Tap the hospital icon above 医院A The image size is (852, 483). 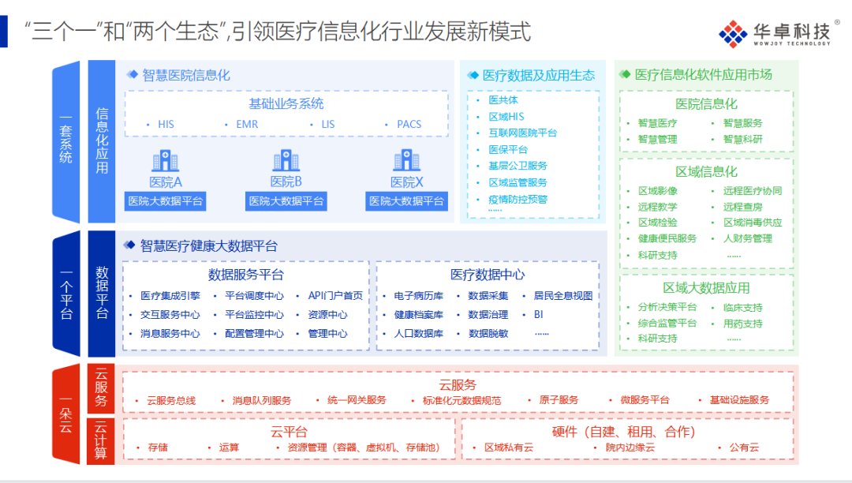click(166, 161)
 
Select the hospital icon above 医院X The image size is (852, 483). click(407, 161)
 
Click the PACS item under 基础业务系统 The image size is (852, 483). click(409, 124)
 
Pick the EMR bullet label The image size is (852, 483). click(247, 124)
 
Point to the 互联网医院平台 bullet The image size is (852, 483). click(522, 133)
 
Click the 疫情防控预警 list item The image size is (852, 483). click(517, 199)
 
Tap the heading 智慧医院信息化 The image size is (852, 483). click(186, 76)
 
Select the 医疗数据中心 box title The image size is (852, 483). click(488, 275)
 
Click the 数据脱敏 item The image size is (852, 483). click(488, 333)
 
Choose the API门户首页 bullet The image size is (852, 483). click(335, 296)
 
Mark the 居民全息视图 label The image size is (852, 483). click(562, 296)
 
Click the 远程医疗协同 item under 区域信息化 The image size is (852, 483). click(753, 191)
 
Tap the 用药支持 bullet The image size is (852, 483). click(743, 323)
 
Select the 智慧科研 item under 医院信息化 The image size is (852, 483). click(743, 139)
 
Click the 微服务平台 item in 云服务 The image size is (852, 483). click(645, 400)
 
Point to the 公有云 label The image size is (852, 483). click(744, 447)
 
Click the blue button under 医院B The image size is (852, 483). click(286, 201)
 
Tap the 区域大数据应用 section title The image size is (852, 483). click(706, 288)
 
